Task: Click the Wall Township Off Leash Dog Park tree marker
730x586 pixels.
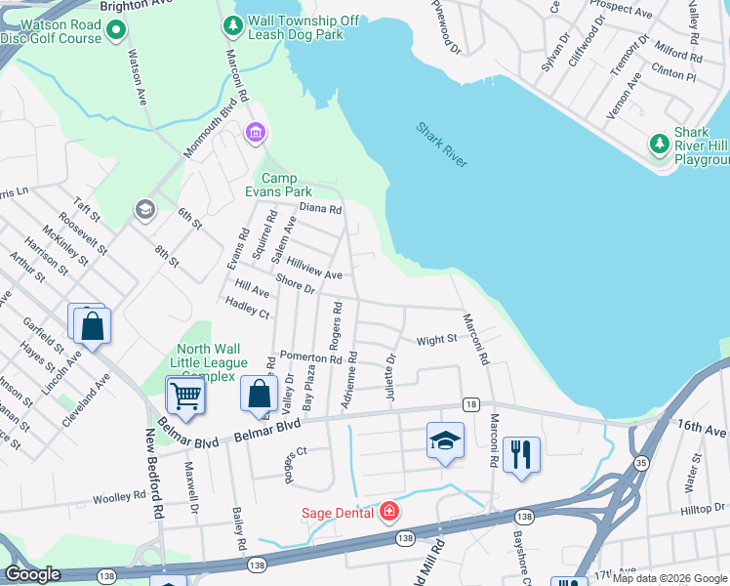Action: pos(234,23)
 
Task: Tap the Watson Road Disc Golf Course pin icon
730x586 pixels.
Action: pos(117,31)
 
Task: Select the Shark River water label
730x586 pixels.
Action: pos(442,144)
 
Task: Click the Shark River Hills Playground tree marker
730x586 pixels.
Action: pos(660,145)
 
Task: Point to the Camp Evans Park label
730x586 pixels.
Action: pos(285,185)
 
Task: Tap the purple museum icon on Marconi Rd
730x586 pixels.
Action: pos(256,132)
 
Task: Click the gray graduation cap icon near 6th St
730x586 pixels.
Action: pos(145,210)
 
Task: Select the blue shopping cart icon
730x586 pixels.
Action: pos(185,396)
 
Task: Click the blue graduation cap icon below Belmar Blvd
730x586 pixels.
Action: pos(445,440)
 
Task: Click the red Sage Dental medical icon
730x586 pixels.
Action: pos(389,511)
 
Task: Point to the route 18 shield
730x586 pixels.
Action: pos(471,404)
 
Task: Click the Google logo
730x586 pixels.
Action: pos(33,574)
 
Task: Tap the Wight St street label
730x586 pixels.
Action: pos(436,340)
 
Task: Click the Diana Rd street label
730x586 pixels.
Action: pos(320,208)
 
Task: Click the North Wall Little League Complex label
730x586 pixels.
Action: pos(205,363)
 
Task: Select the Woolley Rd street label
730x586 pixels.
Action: pos(118,498)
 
